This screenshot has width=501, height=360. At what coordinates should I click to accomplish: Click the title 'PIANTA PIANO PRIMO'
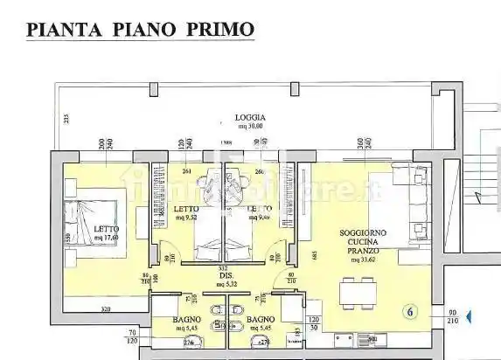(141, 29)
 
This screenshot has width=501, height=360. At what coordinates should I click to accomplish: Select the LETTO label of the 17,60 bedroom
(106, 230)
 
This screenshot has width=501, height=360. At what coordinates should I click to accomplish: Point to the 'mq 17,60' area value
(107, 238)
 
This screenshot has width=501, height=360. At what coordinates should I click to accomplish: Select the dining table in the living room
(359, 294)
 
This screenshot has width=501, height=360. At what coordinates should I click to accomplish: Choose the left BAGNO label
(187, 320)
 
